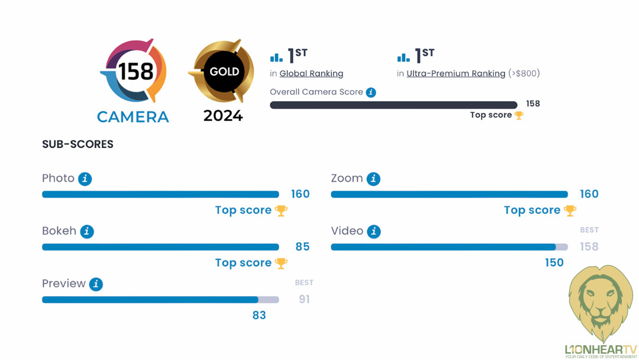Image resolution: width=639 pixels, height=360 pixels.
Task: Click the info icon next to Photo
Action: [x=85, y=179]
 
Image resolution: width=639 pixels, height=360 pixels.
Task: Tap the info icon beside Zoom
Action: [x=373, y=179]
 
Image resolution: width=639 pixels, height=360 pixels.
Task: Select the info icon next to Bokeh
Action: [x=87, y=232]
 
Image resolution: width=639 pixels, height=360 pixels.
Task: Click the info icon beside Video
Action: [x=374, y=232]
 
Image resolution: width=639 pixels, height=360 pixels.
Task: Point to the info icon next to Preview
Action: [x=96, y=284]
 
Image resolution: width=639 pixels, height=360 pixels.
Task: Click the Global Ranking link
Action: [x=311, y=73]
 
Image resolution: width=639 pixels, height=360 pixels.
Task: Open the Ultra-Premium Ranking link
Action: [x=456, y=73]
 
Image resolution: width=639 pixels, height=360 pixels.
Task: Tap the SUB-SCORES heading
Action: [x=78, y=144]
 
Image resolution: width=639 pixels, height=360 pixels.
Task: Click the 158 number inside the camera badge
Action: [x=135, y=72]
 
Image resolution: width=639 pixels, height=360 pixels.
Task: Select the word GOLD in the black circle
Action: [x=224, y=72]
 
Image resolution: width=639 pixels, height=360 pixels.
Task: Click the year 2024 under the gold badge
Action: [x=223, y=115]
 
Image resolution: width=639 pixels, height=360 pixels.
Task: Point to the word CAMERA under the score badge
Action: [x=133, y=117]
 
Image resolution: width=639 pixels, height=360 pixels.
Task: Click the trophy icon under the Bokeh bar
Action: [x=281, y=263]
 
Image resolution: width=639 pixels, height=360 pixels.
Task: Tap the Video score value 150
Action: [x=554, y=262]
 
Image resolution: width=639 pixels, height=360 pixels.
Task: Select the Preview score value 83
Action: [x=259, y=315]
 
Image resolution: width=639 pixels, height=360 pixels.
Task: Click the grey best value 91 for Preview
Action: [x=304, y=299]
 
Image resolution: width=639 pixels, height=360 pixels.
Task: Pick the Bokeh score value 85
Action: [x=302, y=246]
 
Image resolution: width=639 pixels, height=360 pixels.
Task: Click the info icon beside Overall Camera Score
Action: [x=371, y=92]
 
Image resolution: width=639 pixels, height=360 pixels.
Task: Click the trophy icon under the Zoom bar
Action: [x=570, y=210]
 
